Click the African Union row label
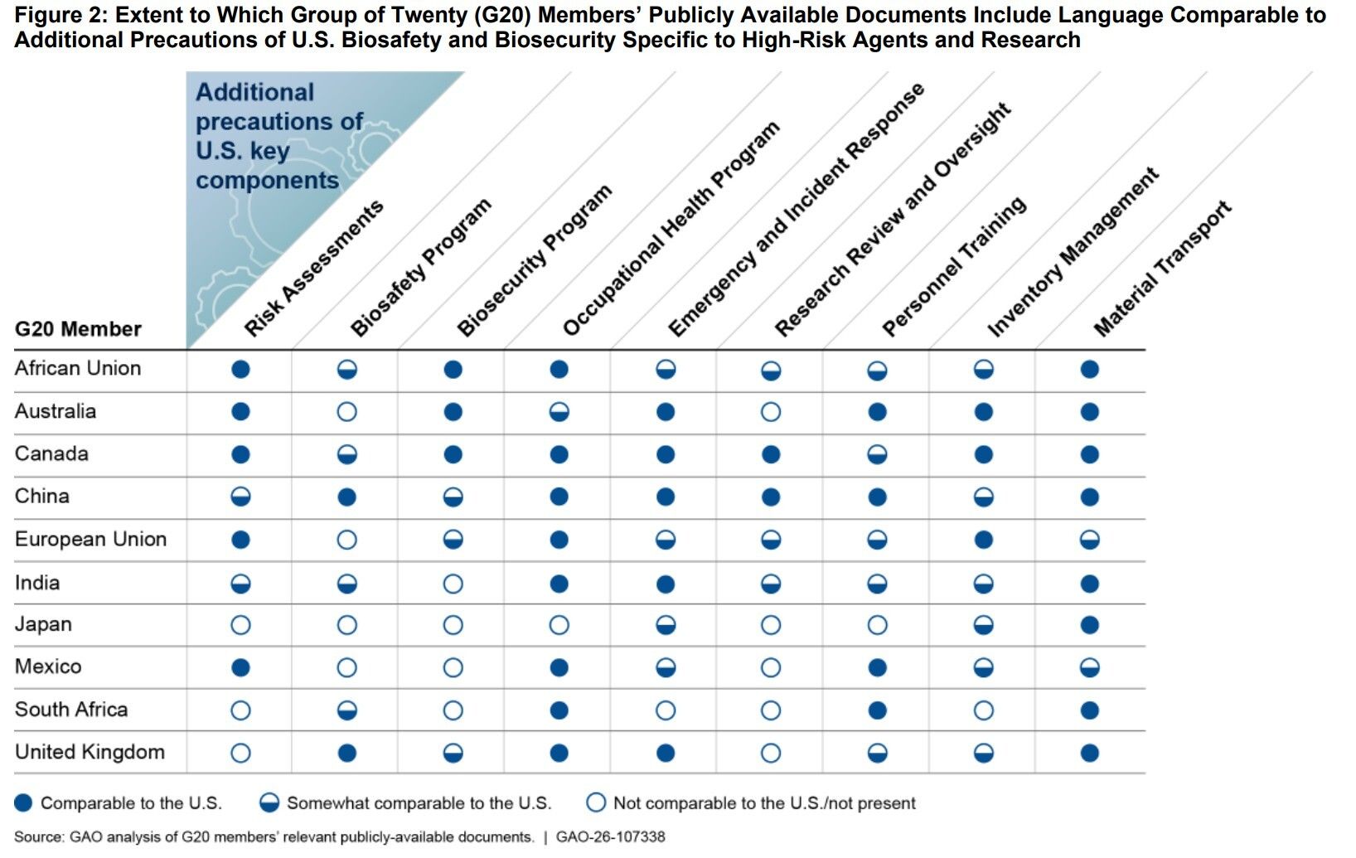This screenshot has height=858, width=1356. [x=78, y=368]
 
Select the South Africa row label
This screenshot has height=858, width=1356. [x=71, y=710]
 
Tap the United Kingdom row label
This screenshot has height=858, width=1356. [x=90, y=752]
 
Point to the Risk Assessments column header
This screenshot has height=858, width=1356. [x=313, y=269]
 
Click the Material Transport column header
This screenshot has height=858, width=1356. [x=1162, y=269]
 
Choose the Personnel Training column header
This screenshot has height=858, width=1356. [x=953, y=267]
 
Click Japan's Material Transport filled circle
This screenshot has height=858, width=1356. [x=1090, y=625]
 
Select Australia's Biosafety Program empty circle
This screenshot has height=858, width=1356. [x=347, y=412]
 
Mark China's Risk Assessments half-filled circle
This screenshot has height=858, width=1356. [x=241, y=497]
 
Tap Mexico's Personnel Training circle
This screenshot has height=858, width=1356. [x=878, y=667]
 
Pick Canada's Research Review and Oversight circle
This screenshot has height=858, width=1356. [x=771, y=454]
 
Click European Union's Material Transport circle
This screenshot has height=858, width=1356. [x=1090, y=540]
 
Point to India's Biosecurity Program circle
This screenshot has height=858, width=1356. [x=453, y=584]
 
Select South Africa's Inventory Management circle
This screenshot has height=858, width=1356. [x=984, y=710]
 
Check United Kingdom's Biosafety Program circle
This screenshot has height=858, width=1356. [x=347, y=753]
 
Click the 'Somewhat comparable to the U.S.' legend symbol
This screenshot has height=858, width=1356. [x=269, y=802]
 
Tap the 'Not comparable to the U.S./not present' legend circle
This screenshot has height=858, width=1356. [x=596, y=802]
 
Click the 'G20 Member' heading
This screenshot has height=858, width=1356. [x=78, y=329]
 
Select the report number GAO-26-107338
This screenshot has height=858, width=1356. [x=610, y=836]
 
